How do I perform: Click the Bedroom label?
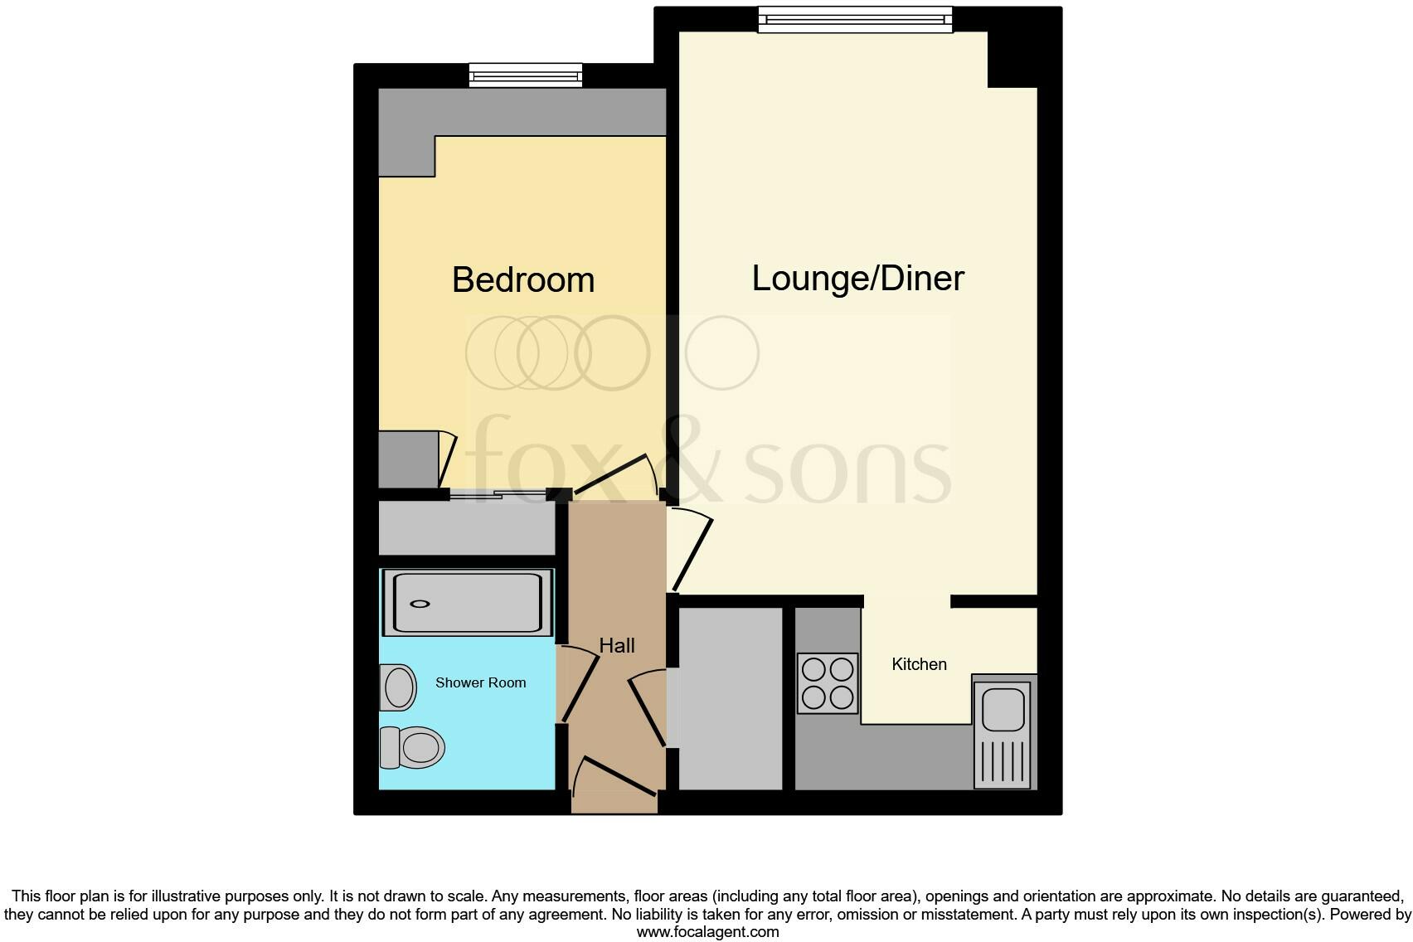tap(523, 280)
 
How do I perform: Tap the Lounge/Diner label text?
tap(857, 279)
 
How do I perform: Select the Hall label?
tap(617, 645)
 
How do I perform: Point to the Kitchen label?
tap(919, 664)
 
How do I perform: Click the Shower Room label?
tap(480, 683)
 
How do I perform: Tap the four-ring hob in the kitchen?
tap(828, 684)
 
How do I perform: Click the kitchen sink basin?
tap(1003, 710)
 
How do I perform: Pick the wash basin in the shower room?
tap(398, 687)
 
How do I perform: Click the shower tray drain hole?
tap(422, 604)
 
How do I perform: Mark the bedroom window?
tap(526, 76)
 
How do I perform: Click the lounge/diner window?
tap(856, 20)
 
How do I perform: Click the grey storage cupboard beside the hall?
tap(731, 698)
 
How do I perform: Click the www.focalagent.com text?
tap(706, 932)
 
